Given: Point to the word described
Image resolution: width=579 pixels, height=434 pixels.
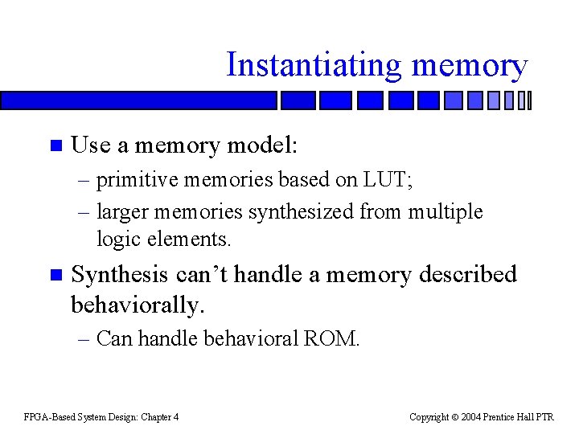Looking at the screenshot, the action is (467, 275).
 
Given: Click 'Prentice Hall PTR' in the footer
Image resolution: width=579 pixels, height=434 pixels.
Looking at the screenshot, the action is (522, 416).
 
